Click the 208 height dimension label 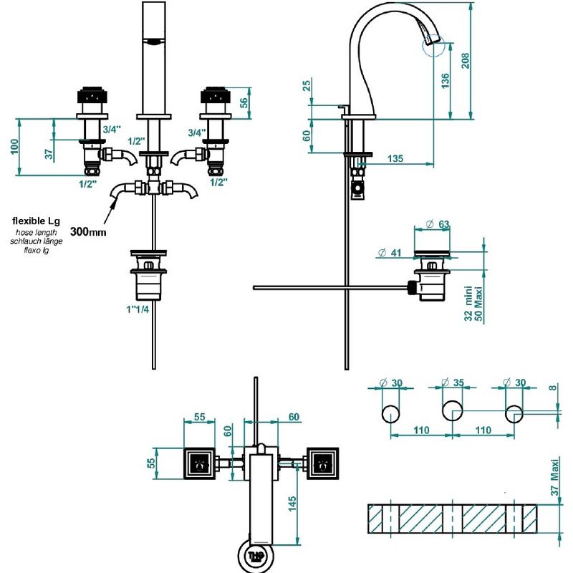click(x=465, y=61)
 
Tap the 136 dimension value click(x=446, y=81)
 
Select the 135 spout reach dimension click(x=395, y=158)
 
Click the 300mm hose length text click(x=88, y=231)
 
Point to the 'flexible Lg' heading click(x=37, y=221)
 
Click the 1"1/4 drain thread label click(x=138, y=309)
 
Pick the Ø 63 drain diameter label click(x=438, y=224)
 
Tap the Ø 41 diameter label click(x=390, y=253)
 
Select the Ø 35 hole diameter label click(x=453, y=382)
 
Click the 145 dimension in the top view click(x=292, y=504)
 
